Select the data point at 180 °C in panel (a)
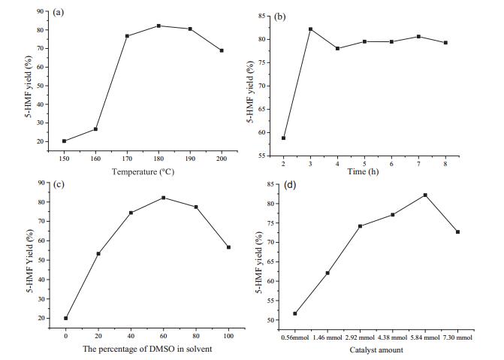(159, 26)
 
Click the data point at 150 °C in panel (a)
(65, 141)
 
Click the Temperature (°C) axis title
(143, 171)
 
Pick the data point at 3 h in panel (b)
(310, 29)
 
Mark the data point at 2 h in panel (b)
(284, 138)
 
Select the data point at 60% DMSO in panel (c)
(163, 198)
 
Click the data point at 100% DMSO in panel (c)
(228, 247)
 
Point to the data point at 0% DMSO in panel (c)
(66, 318)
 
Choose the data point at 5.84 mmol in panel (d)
(425, 195)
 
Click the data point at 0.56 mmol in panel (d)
(294, 313)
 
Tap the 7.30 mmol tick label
(458, 337)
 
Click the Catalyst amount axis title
(376, 350)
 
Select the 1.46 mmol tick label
(327, 337)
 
